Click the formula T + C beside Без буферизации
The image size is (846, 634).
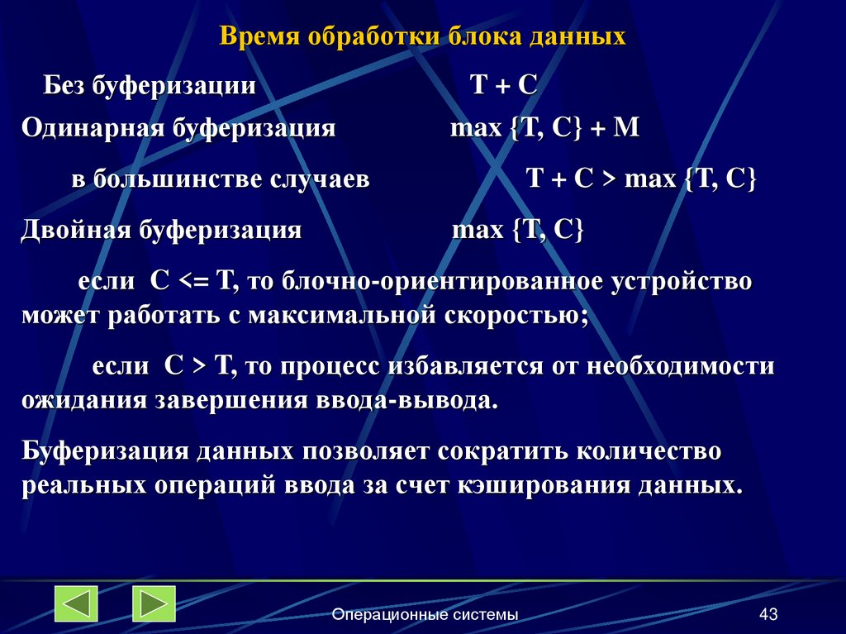[x=503, y=85]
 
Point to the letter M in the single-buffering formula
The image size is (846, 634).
[x=629, y=129]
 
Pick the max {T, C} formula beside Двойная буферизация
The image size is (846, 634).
[x=518, y=230]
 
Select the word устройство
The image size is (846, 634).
[x=682, y=280]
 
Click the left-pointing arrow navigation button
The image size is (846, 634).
[x=76, y=603]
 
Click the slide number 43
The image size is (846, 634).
[x=768, y=614]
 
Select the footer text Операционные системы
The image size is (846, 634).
[x=425, y=614]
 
